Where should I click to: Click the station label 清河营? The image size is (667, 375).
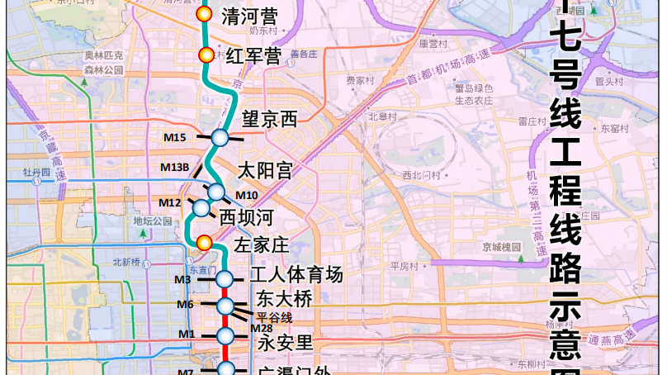pos(251,17)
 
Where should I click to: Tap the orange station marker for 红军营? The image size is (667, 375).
pos(206,55)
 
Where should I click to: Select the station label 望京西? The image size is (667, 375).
pos(270,119)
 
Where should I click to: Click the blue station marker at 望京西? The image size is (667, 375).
pos(220,137)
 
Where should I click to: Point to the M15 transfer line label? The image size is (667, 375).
pos(175,137)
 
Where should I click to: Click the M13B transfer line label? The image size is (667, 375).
pos(175,168)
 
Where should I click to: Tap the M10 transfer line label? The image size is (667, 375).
pos(247,195)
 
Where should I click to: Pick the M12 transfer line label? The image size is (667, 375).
pos(170,202)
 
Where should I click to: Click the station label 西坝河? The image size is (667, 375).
pos(246,218)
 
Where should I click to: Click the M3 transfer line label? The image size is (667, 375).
pos(183,280)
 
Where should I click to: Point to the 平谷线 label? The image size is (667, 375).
pos(275,316)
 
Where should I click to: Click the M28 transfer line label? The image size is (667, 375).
pos(262,328)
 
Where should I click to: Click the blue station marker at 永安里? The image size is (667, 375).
pos(225,335)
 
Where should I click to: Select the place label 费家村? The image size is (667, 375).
pos(360,81)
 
